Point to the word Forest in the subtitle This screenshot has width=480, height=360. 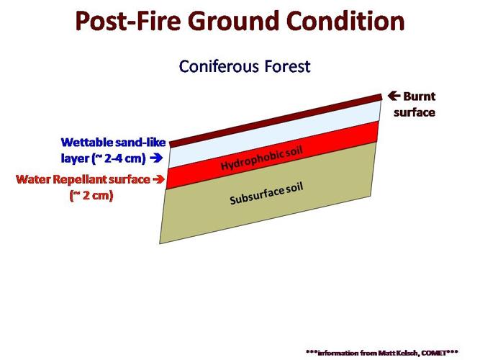pos(286,66)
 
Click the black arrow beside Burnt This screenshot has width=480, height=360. pos(394,96)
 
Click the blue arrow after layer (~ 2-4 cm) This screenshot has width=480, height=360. pos(157,156)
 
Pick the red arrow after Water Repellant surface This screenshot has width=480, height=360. pos(158,179)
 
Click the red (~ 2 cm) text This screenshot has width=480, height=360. pos(91,194)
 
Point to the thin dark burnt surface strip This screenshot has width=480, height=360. pos(273,119)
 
